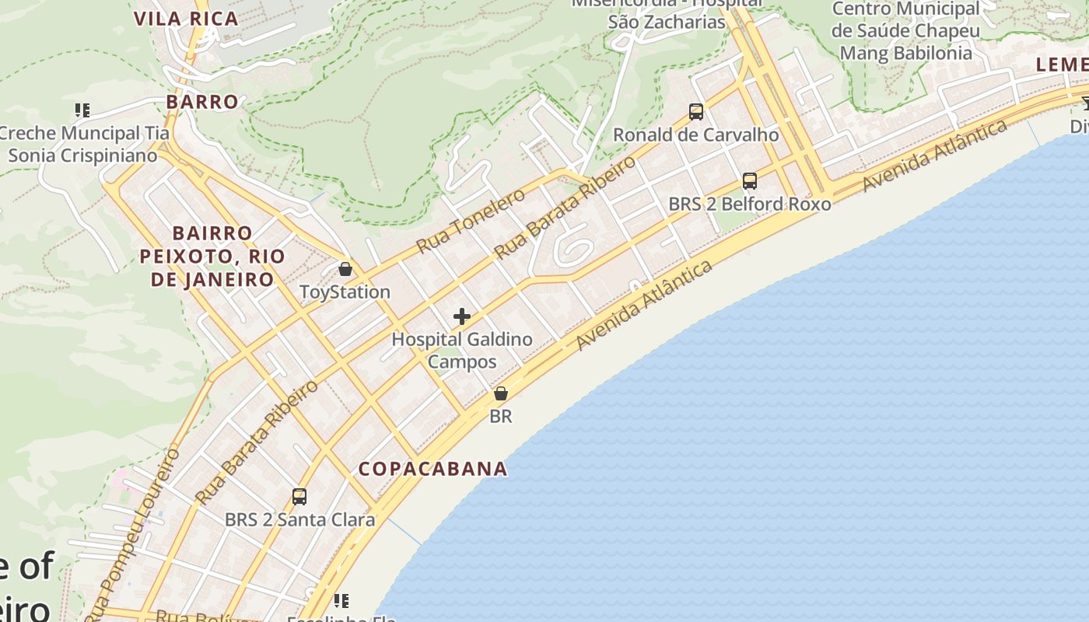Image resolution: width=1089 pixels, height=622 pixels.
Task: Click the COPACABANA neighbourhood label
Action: coord(432,469)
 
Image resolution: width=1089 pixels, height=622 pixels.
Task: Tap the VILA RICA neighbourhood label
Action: coord(186,19)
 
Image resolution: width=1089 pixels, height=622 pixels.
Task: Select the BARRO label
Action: coord(202,102)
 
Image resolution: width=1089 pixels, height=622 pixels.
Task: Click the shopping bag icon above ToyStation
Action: coord(345,269)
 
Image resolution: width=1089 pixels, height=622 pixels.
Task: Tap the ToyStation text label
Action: coord(345,292)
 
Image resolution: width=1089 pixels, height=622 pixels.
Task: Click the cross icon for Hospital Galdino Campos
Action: coord(462,316)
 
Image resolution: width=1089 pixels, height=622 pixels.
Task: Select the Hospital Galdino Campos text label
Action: coord(462,350)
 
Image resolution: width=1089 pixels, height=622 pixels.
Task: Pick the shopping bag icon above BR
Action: coord(501,393)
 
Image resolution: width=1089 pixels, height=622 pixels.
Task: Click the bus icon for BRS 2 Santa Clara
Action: coord(299,496)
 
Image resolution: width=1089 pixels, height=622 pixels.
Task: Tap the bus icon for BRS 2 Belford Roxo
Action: coord(750,181)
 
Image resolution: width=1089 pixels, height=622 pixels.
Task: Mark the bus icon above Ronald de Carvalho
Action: coord(696,112)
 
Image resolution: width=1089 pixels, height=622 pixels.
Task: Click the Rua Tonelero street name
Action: coord(471,222)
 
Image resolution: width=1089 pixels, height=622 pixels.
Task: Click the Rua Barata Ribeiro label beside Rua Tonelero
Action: coord(566,207)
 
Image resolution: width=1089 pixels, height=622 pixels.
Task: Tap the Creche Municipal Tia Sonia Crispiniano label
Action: coord(84,144)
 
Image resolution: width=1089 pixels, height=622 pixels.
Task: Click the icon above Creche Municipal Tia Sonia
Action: coord(82,110)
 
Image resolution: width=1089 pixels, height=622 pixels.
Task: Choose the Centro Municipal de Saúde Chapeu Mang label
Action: coord(906,31)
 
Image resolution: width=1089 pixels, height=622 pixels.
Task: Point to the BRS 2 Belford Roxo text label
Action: coord(750,204)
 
